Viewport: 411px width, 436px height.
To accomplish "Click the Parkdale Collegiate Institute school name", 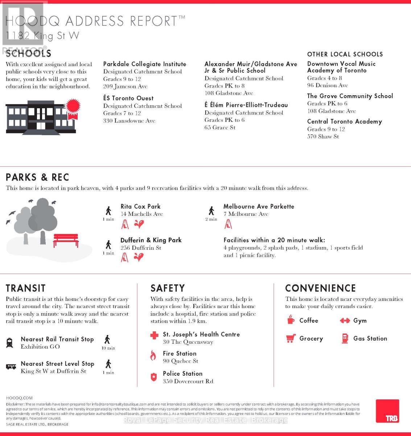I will pos(144,64).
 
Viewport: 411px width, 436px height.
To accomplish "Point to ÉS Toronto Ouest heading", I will pos(128,98).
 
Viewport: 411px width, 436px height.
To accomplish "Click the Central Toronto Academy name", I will pos(344,122).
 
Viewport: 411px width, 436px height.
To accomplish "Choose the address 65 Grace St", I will pos(220,128).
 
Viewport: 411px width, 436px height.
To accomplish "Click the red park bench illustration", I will pos(66,240).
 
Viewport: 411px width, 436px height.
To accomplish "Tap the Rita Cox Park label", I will pos(140,206).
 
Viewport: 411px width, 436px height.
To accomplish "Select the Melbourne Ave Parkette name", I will pos(259,206).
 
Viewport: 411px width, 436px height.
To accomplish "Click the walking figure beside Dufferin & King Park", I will pos(108,245).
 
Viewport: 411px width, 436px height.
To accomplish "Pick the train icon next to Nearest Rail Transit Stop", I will pos(10,343).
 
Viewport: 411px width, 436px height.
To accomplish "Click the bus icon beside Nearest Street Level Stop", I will pos(11,367).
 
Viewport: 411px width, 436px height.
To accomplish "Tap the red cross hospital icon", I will pos(154,335).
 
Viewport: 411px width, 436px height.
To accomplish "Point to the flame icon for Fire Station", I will pos(153,356).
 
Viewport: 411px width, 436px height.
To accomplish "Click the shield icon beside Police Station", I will pos(154,377).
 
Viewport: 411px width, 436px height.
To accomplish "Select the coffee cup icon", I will pos(291,320).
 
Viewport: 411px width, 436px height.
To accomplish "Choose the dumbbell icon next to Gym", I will pos(344,320).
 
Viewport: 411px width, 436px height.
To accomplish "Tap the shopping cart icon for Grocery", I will pos(290,339).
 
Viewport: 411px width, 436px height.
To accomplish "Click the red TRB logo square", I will pos(387,411).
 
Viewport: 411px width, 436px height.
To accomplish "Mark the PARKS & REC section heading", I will pos(37,177).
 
